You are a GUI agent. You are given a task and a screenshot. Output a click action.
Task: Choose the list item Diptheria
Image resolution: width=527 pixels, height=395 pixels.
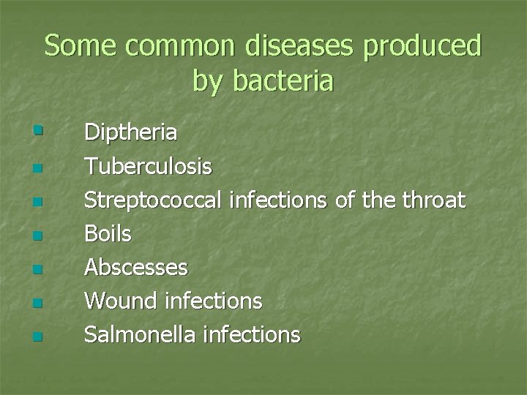130,133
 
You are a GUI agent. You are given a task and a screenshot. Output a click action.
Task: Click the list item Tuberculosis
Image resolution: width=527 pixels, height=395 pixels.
148,167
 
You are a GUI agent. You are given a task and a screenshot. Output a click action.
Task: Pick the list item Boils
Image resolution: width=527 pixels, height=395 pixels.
108,234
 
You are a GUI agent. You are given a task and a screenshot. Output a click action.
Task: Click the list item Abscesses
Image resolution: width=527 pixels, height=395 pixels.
136,268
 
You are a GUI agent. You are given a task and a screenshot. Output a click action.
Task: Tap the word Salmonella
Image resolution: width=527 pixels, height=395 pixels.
139,335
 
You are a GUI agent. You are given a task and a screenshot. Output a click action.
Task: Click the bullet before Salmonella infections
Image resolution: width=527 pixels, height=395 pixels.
37,337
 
